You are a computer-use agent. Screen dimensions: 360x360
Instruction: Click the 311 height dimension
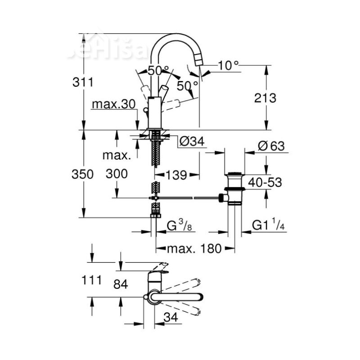click(x=83, y=83)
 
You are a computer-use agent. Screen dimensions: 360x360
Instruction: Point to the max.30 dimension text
click(x=113, y=104)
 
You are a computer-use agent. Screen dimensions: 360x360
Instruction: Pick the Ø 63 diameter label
click(x=272, y=146)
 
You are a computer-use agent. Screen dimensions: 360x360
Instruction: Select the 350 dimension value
click(x=83, y=174)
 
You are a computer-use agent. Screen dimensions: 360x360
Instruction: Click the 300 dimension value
click(x=117, y=174)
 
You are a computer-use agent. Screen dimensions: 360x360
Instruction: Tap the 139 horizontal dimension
click(x=176, y=175)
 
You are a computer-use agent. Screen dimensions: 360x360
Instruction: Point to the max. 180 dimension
click(x=194, y=248)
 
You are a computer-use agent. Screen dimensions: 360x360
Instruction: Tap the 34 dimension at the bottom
click(x=170, y=317)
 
